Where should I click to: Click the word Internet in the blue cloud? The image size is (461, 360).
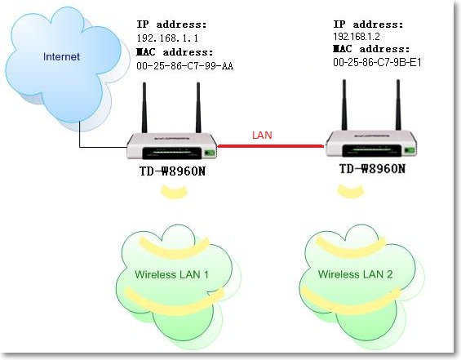pyautogui.click(x=61, y=56)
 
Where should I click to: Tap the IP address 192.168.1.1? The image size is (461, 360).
pyautogui.click(x=167, y=38)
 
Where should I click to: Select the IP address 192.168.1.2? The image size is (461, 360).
pyautogui.click(x=357, y=37)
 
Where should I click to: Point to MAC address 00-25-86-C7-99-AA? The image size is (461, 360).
pyautogui.click(x=185, y=66)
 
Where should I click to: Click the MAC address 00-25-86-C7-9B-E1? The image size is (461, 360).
pyautogui.click(x=377, y=62)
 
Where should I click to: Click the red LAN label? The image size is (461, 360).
pyautogui.click(x=262, y=135)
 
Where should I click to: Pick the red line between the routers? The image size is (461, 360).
pyautogui.click(x=271, y=145)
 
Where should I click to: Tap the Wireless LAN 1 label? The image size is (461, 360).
pyautogui.click(x=171, y=274)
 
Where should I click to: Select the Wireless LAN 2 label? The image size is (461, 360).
pyautogui.click(x=355, y=274)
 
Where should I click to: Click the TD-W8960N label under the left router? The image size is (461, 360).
pyautogui.click(x=172, y=171)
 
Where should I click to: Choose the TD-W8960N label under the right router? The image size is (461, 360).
pyautogui.click(x=372, y=168)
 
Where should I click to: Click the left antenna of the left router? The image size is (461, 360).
pyautogui.click(x=144, y=108)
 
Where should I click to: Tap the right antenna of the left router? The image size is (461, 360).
pyautogui.click(x=198, y=108)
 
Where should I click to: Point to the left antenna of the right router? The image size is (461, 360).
pyautogui.click(x=344, y=105)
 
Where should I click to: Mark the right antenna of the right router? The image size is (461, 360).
pyautogui.click(x=398, y=105)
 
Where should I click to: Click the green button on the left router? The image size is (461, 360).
pyautogui.click(x=210, y=153)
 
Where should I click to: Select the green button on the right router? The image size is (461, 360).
pyautogui.click(x=410, y=150)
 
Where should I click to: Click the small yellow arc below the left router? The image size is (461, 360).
pyautogui.click(x=174, y=192)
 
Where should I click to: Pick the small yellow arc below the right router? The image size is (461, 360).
pyautogui.click(x=351, y=191)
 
